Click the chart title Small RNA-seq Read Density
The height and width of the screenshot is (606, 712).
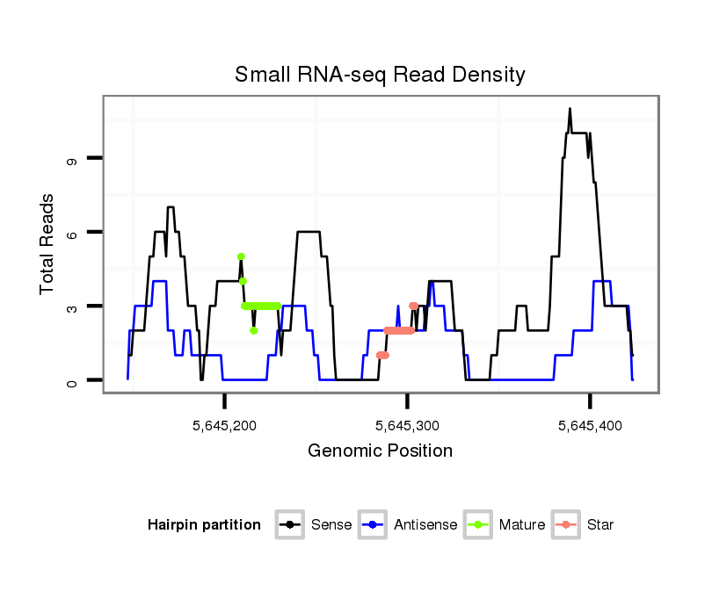point(380,75)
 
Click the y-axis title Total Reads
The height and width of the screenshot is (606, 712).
point(49,243)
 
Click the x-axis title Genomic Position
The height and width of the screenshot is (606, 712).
point(380,451)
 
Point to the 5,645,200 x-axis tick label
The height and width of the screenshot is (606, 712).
point(224,426)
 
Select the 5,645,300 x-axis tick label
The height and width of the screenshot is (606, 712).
point(407,426)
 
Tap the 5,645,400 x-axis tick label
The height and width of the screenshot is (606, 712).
point(590,426)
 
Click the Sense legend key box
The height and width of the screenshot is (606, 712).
point(289,525)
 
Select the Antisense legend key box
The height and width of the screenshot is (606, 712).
point(373,525)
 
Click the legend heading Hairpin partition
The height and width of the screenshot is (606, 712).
point(204,525)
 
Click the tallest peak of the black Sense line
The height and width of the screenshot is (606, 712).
point(570,109)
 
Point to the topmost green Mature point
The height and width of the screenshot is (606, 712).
point(240,256)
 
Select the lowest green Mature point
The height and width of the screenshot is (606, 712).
point(253,331)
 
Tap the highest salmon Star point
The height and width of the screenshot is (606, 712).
point(413,306)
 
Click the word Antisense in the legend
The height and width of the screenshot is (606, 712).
point(425,525)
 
